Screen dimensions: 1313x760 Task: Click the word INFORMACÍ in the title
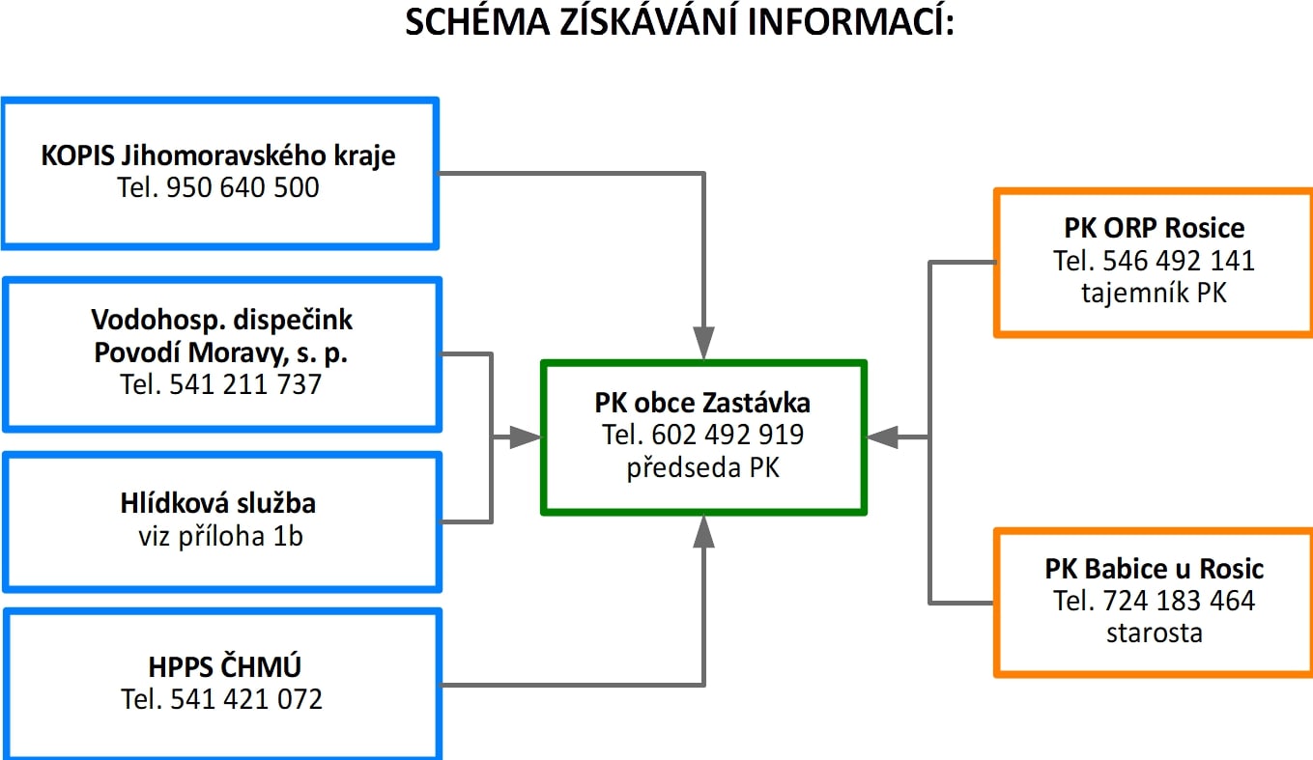click(851, 22)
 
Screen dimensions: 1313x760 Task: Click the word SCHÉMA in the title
click(477, 22)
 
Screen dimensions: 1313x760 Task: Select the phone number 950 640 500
click(243, 187)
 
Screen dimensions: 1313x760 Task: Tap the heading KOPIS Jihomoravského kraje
click(218, 155)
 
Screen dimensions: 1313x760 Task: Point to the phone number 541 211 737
click(245, 385)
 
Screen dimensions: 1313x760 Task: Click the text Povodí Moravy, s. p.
click(221, 353)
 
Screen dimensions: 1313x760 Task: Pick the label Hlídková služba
click(218, 503)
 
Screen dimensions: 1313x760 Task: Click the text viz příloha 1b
click(221, 537)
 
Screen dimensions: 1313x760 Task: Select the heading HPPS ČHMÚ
click(224, 667)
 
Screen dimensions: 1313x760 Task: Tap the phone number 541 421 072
click(246, 700)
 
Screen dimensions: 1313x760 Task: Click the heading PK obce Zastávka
click(702, 403)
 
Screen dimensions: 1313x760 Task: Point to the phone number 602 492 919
click(728, 435)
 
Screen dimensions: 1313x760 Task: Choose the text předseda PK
click(702, 467)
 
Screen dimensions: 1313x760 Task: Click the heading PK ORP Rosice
click(1155, 228)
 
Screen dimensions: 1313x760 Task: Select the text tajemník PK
click(1155, 293)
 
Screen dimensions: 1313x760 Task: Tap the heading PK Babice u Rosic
click(1155, 569)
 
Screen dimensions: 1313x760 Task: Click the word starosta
click(1155, 633)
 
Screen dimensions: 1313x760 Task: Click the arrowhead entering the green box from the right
click(882, 437)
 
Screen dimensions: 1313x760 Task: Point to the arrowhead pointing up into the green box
click(703, 531)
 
